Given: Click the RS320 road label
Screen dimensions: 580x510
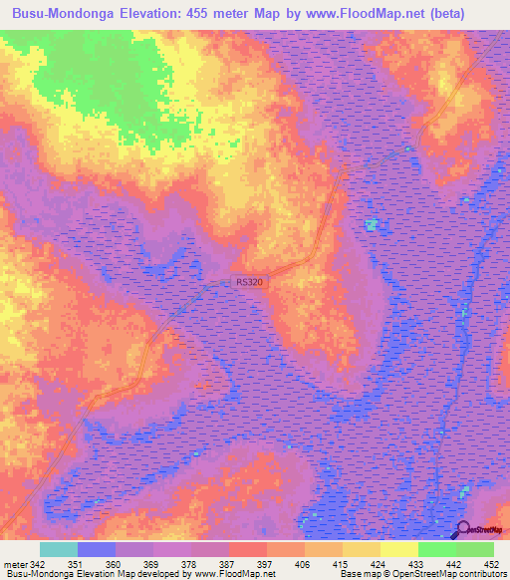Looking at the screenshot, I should [x=249, y=283].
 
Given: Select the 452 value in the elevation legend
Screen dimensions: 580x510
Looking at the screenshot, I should [x=491, y=564].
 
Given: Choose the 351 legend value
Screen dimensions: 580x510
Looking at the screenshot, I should [x=90, y=564].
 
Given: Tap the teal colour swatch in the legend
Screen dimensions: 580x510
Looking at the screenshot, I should [x=59, y=549].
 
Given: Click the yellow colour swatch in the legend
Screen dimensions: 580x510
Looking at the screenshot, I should [x=398, y=549].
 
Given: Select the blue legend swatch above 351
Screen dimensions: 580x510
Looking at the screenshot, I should [x=97, y=549].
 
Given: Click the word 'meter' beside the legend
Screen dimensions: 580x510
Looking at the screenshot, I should [x=17, y=564].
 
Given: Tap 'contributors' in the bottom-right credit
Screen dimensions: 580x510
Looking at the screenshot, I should [x=481, y=574].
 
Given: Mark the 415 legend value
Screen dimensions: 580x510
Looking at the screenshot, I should [x=332, y=564].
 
